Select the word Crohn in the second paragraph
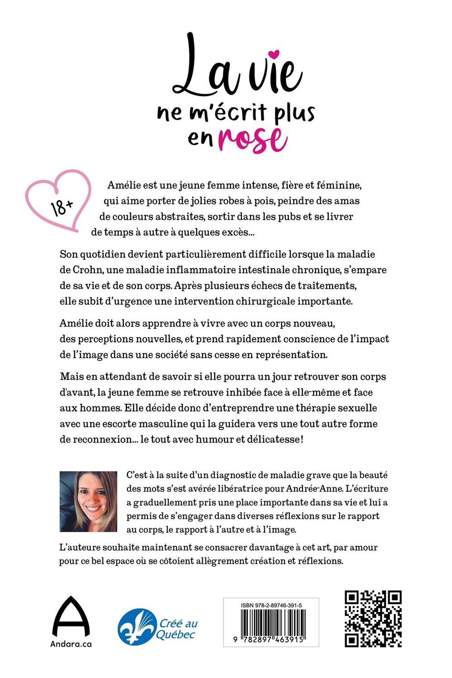(x=87, y=270)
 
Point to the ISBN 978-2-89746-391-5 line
(x=271, y=606)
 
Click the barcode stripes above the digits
(x=271, y=622)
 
